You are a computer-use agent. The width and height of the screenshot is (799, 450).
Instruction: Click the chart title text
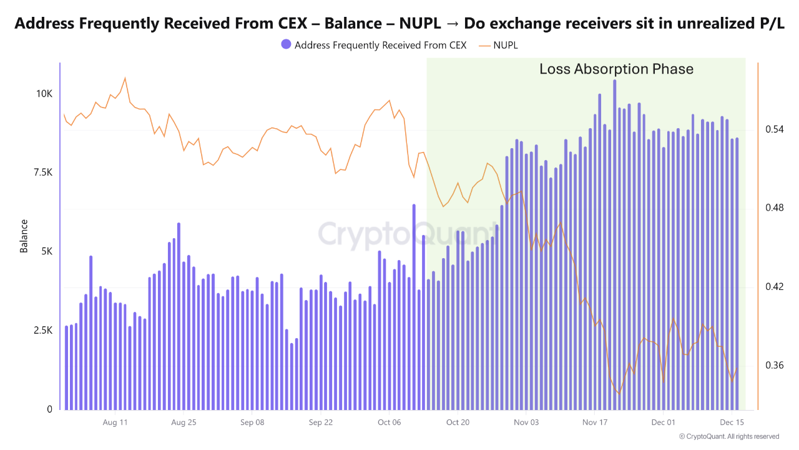click(399, 24)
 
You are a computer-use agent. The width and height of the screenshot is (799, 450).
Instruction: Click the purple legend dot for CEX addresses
click(286, 45)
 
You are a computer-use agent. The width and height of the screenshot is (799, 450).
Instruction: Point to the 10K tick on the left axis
click(44, 94)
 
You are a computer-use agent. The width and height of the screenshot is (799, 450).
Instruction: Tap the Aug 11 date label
click(115, 422)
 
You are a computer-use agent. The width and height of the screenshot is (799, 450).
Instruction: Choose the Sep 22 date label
click(320, 422)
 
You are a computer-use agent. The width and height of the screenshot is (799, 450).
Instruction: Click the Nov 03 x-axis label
click(526, 422)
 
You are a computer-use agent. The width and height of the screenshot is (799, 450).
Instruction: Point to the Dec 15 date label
click(732, 422)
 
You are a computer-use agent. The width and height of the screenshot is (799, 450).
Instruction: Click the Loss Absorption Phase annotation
click(616, 69)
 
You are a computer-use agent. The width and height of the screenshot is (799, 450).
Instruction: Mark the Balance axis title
click(24, 236)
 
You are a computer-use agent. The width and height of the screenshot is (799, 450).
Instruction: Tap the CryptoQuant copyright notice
click(728, 436)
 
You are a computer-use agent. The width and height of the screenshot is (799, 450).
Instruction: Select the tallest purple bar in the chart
click(614, 244)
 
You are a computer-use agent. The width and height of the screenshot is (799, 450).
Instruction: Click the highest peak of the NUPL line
click(125, 78)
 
